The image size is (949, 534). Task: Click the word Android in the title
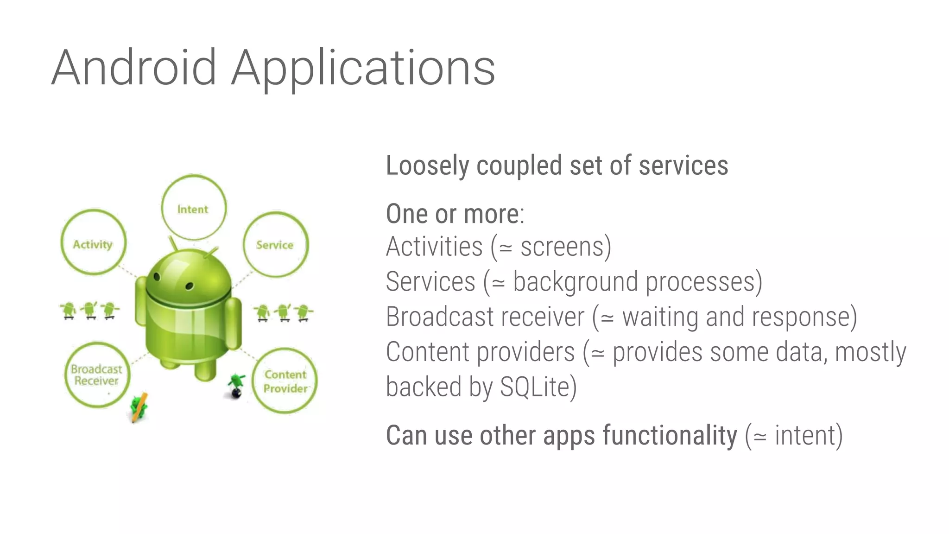point(134,68)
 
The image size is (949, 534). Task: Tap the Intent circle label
point(193,209)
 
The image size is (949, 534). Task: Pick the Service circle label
point(275,245)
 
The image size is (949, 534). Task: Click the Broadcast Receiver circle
point(96,375)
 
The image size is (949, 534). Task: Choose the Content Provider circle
point(285,381)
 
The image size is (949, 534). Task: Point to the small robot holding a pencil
point(139,407)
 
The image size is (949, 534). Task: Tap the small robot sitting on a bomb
point(236,386)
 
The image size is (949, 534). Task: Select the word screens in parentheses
point(562,247)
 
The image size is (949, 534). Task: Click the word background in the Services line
point(575,282)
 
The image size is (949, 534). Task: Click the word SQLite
point(534,387)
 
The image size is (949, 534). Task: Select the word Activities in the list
point(434,247)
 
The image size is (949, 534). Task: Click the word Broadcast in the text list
point(439,317)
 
